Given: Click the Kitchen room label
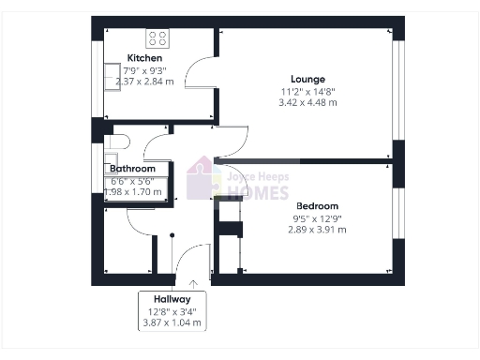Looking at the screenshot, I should click(x=138, y=58).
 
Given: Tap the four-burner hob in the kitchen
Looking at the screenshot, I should click(x=157, y=38).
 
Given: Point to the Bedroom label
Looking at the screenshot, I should click(x=316, y=205).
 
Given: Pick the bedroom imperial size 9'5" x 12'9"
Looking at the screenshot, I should click(x=316, y=217).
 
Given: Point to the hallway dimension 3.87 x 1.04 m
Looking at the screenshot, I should click(x=172, y=322).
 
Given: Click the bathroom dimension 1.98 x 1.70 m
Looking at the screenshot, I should click(x=132, y=192).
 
